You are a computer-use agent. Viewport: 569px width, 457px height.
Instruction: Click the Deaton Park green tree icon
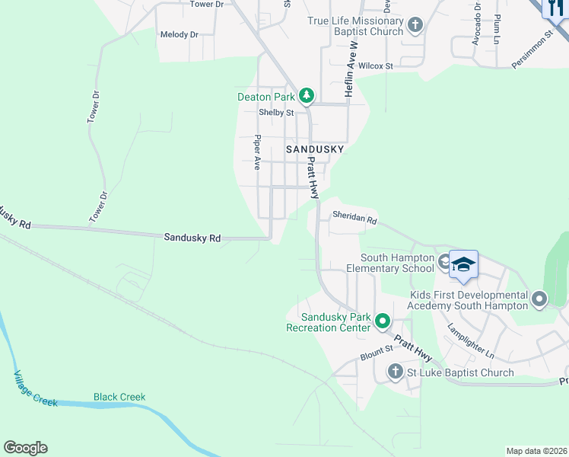click(306, 96)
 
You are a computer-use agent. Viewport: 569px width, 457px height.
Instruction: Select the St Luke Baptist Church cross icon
click(395, 372)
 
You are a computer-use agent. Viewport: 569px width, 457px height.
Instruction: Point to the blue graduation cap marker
click(463, 266)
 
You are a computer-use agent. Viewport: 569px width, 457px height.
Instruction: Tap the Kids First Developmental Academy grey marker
click(539, 299)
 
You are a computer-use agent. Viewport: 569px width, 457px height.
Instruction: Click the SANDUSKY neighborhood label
click(315, 150)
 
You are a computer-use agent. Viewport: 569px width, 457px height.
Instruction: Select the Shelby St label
click(275, 113)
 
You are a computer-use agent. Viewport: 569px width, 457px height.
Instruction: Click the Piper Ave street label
click(258, 153)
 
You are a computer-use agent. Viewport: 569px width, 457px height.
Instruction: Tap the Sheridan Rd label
click(354, 219)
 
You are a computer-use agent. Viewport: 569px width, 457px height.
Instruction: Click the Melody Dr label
click(179, 35)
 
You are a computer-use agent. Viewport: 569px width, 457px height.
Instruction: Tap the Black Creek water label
click(119, 397)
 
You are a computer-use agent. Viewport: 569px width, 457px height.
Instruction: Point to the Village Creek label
click(35, 388)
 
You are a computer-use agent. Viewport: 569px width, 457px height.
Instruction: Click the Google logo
click(25, 448)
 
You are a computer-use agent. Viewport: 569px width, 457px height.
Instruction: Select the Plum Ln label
click(497, 27)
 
